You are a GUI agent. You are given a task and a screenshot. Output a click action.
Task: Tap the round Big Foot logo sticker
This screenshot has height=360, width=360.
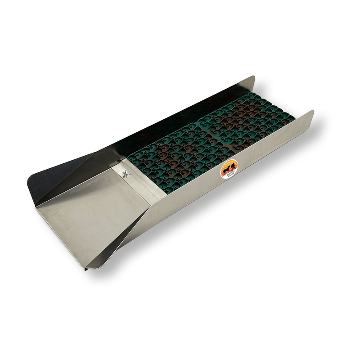pyautogui.click(x=229, y=170)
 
